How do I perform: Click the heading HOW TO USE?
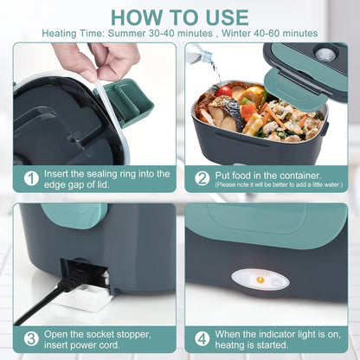180,17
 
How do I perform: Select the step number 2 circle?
202,177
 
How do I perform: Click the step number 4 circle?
202,338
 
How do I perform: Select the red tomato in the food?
226,91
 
